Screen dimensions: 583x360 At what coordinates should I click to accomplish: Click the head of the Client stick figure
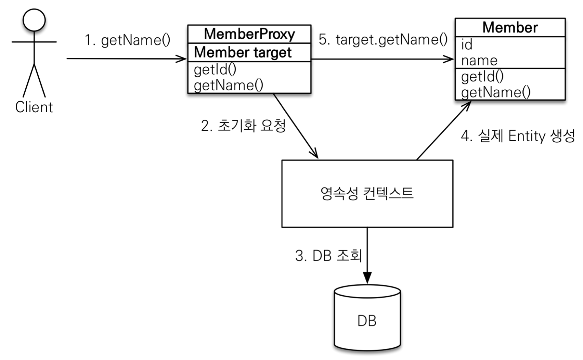tap(34, 20)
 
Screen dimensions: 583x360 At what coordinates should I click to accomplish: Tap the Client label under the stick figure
tap(34, 107)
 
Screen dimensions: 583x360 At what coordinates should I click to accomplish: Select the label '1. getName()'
tap(128, 41)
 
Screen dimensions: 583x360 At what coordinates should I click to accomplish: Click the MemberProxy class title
tap(249, 34)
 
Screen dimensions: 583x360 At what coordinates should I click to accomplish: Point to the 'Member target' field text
tap(243, 53)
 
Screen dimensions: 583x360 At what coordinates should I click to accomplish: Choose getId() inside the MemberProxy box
tap(215, 70)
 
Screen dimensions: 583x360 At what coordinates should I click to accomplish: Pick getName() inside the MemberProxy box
tap(229, 85)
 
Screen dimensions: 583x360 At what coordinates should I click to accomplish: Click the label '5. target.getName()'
tap(383, 40)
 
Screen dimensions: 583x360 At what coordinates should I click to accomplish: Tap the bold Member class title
tap(510, 27)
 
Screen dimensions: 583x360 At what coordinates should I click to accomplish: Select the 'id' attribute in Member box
tap(467, 44)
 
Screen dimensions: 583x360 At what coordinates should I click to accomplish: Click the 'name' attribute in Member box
tap(479, 61)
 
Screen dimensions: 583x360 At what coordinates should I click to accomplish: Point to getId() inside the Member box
tap(482, 77)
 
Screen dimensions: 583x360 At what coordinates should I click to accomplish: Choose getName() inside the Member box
tap(496, 92)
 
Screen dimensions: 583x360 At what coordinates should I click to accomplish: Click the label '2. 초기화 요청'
tap(244, 126)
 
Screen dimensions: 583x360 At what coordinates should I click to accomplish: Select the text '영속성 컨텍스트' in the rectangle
tap(367, 193)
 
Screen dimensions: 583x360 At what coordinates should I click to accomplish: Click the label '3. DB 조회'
tap(329, 255)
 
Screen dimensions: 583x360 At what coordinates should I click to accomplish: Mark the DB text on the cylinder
tap(367, 321)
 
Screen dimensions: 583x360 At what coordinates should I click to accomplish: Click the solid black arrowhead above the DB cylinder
tap(367, 278)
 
